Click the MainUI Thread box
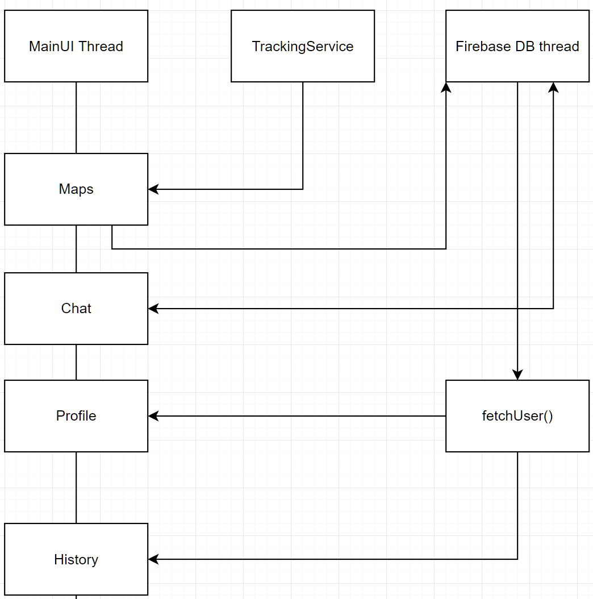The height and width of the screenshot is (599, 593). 76,46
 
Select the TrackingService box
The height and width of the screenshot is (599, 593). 302,46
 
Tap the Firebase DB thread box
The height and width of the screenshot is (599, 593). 517,46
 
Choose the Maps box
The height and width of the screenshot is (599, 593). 76,189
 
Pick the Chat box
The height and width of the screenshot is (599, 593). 76,309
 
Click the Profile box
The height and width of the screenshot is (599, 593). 76,416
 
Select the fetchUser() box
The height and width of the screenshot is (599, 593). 517,416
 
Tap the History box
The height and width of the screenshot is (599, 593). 76,559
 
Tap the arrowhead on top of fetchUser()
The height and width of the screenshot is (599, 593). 517,375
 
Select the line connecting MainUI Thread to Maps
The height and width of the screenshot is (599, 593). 76,118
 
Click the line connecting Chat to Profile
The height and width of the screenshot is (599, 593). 76,362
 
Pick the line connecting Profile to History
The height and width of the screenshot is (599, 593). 76,488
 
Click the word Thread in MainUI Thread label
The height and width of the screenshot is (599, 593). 102,46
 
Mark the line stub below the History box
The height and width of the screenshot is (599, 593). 76,597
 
